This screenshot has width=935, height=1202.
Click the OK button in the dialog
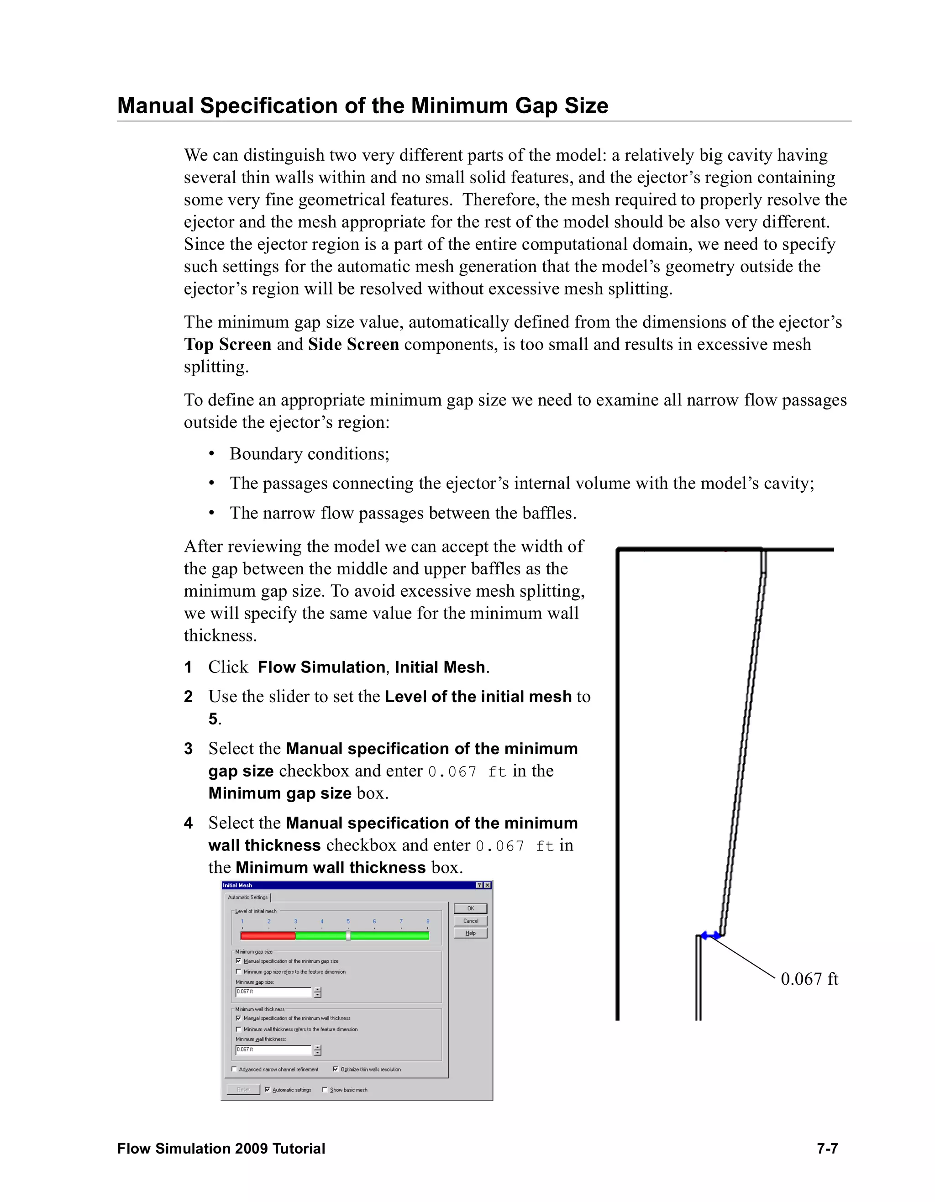pyautogui.click(x=471, y=908)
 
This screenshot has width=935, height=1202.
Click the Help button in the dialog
pyautogui.click(x=471, y=933)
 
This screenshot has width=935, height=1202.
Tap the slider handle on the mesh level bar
pyautogui.click(x=348, y=935)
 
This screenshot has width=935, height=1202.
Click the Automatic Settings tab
pyautogui.click(x=247, y=897)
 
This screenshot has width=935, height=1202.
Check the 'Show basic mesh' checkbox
pyautogui.click(x=325, y=1090)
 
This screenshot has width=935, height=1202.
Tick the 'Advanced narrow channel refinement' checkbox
pyautogui.click(x=235, y=1069)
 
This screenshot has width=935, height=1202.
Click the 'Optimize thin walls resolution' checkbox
pyautogui.click(x=335, y=1069)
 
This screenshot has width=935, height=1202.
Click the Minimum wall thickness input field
pyautogui.click(x=273, y=1050)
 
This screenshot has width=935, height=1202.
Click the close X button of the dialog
pyautogui.click(x=488, y=885)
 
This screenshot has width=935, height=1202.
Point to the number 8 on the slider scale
pyautogui.click(x=428, y=921)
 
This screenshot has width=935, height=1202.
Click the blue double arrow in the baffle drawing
pyautogui.click(x=710, y=935)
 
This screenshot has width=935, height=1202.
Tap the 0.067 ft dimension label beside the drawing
pyautogui.click(x=809, y=979)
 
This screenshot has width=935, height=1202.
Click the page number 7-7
pyautogui.click(x=827, y=1149)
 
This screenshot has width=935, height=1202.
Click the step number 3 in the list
pyautogui.click(x=188, y=749)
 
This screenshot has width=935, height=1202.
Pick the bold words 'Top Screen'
pyautogui.click(x=227, y=345)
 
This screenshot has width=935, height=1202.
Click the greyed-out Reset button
pyautogui.click(x=243, y=1090)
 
